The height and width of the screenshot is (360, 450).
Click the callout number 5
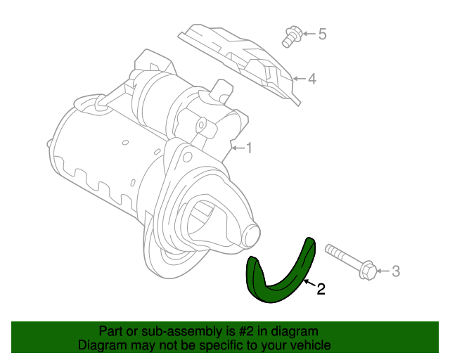point(323,33)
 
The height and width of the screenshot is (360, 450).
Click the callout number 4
point(312,78)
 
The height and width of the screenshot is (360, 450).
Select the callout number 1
point(248,148)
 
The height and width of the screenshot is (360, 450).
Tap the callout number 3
point(395,271)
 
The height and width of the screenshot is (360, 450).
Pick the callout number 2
point(321,288)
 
